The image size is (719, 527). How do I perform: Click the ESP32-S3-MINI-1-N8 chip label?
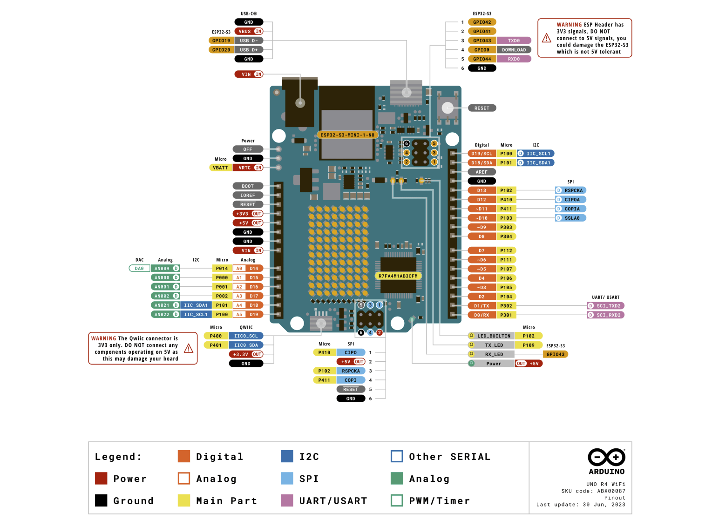pyautogui.click(x=347, y=135)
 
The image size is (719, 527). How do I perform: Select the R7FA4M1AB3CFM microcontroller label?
pyautogui.click(x=398, y=276)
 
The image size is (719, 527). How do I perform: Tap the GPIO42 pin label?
pyautogui.click(x=482, y=22)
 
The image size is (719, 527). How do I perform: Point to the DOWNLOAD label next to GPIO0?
pyautogui.click(x=514, y=50)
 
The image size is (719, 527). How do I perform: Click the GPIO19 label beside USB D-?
pyautogui.click(x=221, y=41)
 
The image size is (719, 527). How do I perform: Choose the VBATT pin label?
pyautogui.click(x=220, y=168)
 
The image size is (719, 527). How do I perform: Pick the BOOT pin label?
pyautogui.click(x=248, y=186)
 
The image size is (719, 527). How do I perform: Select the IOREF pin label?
pyautogui.click(x=248, y=196)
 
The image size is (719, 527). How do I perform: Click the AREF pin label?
pyautogui.click(x=482, y=172)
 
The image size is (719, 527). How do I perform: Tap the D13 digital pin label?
pyautogui.click(x=482, y=190)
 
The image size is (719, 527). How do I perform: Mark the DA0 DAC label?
pyautogui.click(x=139, y=269)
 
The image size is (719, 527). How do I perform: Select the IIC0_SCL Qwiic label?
pyautogui.click(x=246, y=336)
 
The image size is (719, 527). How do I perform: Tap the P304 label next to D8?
pyautogui.click(x=506, y=236)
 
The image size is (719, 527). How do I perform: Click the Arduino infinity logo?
pyautogui.click(x=606, y=457)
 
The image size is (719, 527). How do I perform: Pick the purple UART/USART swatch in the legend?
pyautogui.click(x=287, y=500)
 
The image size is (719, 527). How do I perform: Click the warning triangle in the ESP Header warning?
pyautogui.click(x=547, y=38)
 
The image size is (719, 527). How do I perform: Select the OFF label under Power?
pyautogui.click(x=248, y=149)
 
